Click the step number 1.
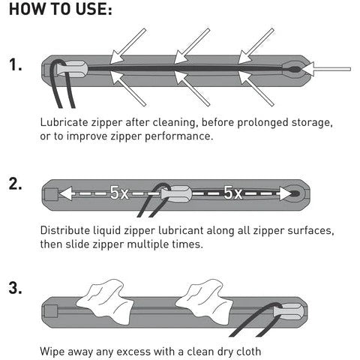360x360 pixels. [x=16, y=65]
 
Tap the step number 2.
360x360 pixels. [x=16, y=184]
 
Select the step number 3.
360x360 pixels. [x=16, y=288]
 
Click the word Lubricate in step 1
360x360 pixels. [x=64, y=122]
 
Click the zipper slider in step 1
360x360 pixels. [x=73, y=68]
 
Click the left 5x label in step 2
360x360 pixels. [x=119, y=193]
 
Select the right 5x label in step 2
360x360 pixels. [x=232, y=193]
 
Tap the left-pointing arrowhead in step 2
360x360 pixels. [x=66, y=193]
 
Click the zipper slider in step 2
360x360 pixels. [x=176, y=193]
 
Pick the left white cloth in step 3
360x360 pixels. [x=104, y=301]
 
